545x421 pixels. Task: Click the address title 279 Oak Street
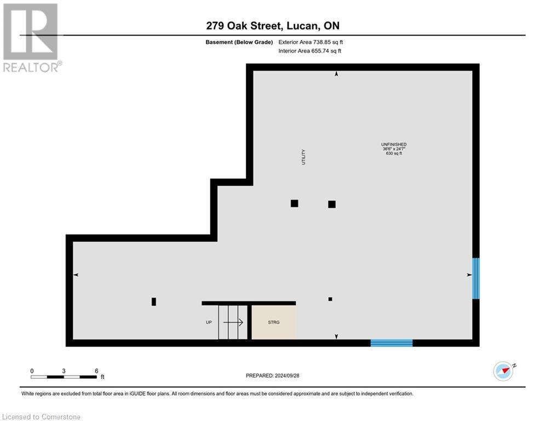pos(272,26)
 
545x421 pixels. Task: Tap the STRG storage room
pos(273,322)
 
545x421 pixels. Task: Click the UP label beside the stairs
pos(209,322)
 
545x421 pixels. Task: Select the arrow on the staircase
pos(233,323)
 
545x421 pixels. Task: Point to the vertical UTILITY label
pos(303,157)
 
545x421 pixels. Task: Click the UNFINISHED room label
pos(394,144)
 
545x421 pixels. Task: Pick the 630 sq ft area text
pos(394,154)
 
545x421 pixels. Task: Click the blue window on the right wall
pos(475,278)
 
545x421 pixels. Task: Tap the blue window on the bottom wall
pos(391,343)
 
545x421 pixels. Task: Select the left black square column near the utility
pos(294,203)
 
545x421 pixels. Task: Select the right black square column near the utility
pos(331,204)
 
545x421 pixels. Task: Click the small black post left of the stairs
pos(154,301)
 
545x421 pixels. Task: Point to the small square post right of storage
pos(330,299)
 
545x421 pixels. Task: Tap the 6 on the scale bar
pos(96,371)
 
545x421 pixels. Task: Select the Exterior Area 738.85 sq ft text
pos(311,42)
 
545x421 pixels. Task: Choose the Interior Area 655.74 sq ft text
pos(310,51)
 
